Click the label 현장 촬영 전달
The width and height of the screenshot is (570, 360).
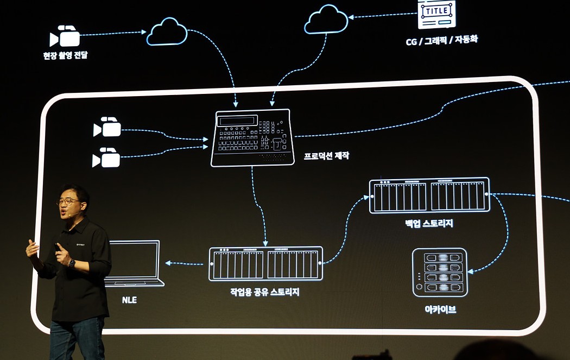pos(65,55)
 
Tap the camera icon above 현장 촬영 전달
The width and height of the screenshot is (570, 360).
pos(65,36)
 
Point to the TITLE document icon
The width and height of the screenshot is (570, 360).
pos(436,14)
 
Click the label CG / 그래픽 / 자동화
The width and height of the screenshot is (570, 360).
pos(442,39)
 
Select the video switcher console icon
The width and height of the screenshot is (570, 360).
pos(252,137)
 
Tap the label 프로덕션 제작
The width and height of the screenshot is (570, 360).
pos(326,156)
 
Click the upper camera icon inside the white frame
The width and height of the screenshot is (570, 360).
pos(107,127)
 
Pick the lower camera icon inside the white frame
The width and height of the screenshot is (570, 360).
pos(106,157)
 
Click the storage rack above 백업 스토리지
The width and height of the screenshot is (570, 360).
pos(429,195)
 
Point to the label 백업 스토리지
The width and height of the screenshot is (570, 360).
pos(429,223)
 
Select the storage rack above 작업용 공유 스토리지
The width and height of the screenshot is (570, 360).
pos(265,264)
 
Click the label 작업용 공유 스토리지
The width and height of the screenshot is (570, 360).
pos(265,292)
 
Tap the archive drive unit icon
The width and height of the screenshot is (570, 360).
pos(440,273)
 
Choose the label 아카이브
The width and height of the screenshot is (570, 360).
pos(440,310)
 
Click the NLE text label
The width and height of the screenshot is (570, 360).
pos(129,299)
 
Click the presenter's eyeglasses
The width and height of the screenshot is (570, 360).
pos(69,201)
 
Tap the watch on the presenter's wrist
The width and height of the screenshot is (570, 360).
pos(72,263)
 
